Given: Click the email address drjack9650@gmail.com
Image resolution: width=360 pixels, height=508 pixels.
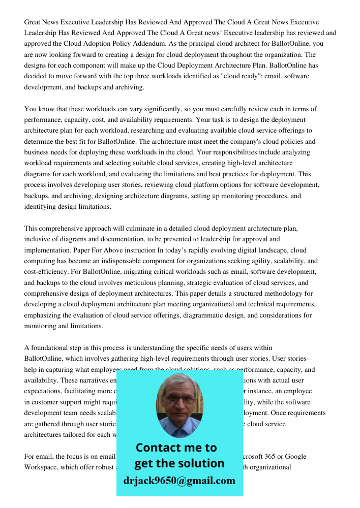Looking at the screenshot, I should (x=179, y=481).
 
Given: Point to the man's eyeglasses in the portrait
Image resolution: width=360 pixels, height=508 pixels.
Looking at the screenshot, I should (x=179, y=400).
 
